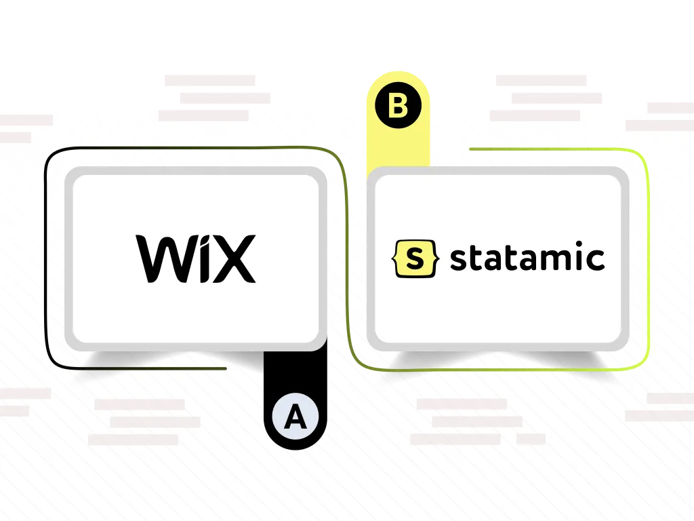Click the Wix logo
pos(196,258)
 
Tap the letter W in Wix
pos(167,258)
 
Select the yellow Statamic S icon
pos(415,258)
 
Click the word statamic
pos(527,256)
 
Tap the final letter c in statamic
pos(595,260)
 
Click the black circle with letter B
pos(398,105)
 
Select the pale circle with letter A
pos(295,417)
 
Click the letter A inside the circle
pos(295,417)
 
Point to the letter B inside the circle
pos(398,106)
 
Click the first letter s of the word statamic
pos(459,260)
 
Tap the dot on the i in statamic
pos(577,244)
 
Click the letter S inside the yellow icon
pos(415,259)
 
